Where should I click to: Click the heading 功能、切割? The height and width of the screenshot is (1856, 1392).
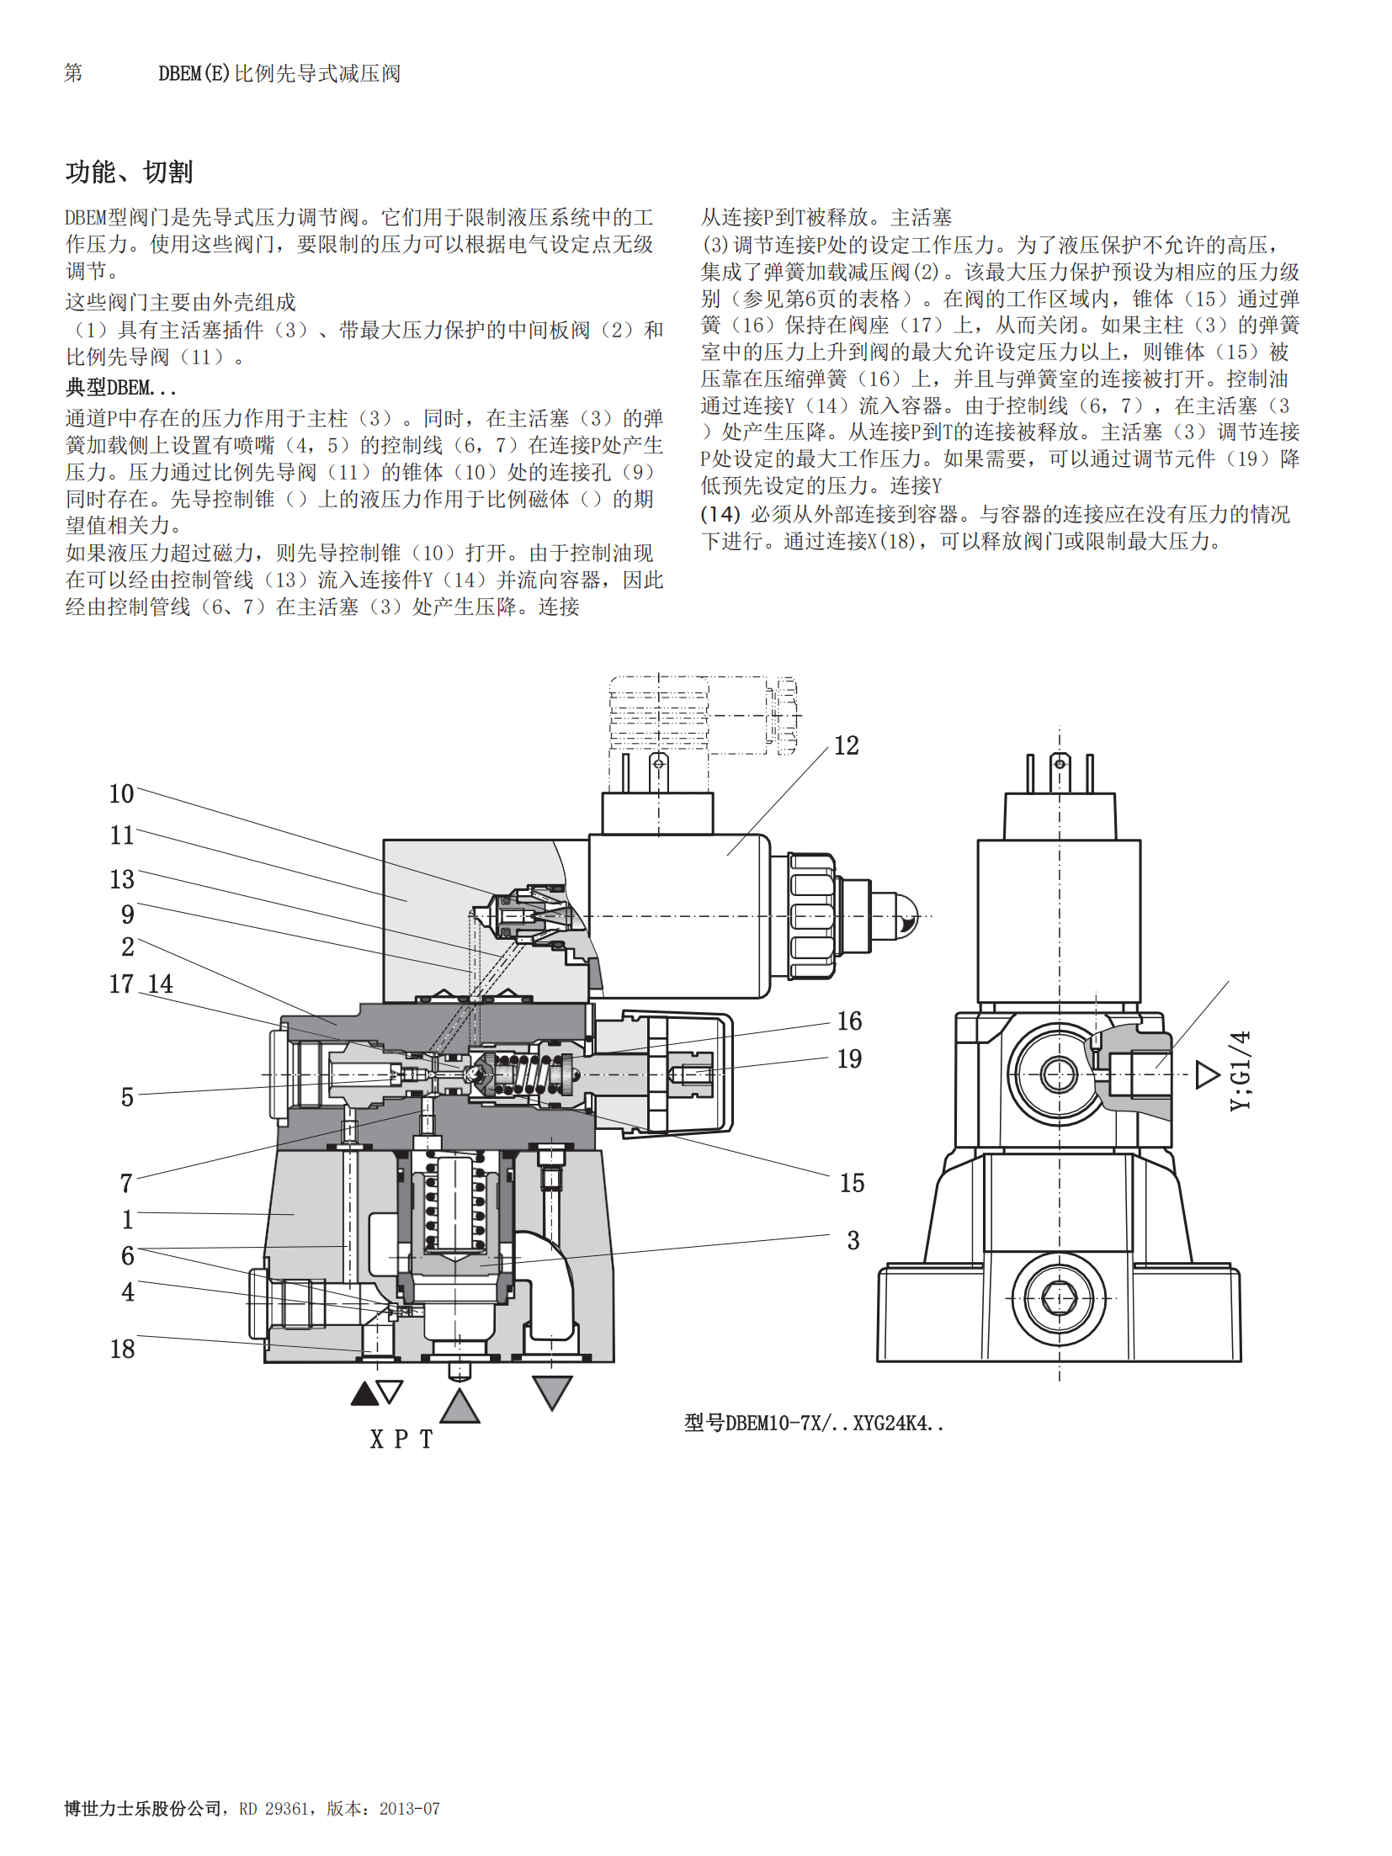pyautogui.click(x=129, y=172)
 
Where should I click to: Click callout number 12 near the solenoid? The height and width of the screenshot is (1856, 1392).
pyautogui.click(x=846, y=745)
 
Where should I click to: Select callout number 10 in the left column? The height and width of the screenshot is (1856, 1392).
pyautogui.click(x=121, y=793)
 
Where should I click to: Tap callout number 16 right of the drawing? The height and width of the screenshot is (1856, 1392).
pyautogui.click(x=849, y=1021)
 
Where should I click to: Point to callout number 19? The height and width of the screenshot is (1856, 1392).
pyautogui.click(x=849, y=1058)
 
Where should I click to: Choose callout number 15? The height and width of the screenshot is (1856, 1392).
pyautogui.click(x=852, y=1183)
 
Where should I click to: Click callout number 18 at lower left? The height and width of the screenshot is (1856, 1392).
pyautogui.click(x=122, y=1349)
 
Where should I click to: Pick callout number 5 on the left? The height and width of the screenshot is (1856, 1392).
pyautogui.click(x=127, y=1097)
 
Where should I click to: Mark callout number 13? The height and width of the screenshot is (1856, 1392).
pyautogui.click(x=122, y=879)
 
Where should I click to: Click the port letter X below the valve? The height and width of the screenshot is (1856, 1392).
pyautogui.click(x=377, y=1440)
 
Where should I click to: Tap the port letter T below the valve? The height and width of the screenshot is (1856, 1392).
pyautogui.click(x=427, y=1440)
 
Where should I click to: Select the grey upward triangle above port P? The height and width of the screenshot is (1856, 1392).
pyautogui.click(x=460, y=1408)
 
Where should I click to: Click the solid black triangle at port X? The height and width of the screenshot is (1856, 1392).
pyautogui.click(x=364, y=1394)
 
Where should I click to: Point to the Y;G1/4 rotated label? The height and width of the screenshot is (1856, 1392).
pyautogui.click(x=1241, y=1070)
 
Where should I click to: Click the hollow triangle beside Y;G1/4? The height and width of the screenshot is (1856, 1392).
pyautogui.click(x=1207, y=1074)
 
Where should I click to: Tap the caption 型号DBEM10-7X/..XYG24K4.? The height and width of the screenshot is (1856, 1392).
pyautogui.click(x=813, y=1423)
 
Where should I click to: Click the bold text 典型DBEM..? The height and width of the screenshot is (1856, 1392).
pyautogui.click(x=121, y=388)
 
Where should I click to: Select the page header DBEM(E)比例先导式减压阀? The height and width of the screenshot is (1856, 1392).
pyautogui.click(x=279, y=74)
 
